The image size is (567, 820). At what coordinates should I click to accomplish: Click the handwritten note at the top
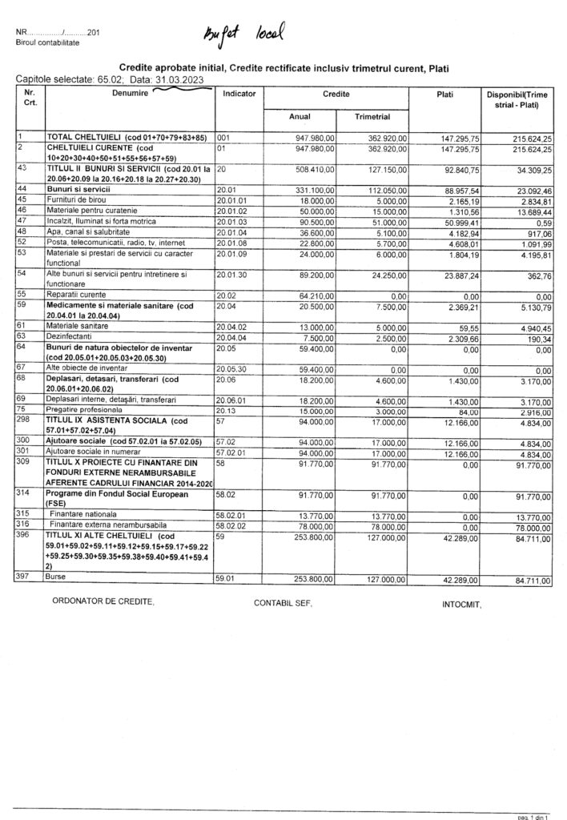pos(245,34)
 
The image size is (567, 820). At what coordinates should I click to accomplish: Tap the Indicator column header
pos(239,94)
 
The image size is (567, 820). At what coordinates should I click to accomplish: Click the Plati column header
pos(445,94)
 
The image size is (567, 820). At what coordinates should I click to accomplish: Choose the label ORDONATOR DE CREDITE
pos(101,599)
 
